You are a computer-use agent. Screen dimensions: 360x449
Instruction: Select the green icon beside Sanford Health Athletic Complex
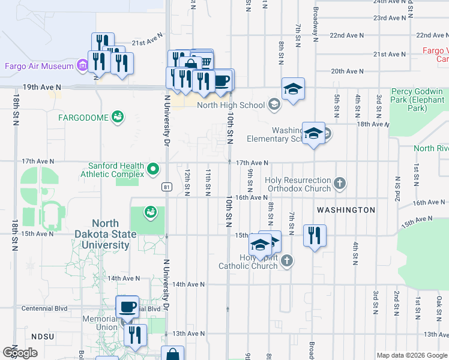click(x=153, y=170)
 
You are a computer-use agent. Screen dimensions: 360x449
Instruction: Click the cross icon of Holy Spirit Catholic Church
click(x=287, y=260)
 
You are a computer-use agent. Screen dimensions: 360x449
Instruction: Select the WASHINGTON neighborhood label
click(x=346, y=210)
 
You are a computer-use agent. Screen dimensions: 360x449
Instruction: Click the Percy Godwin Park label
click(x=417, y=100)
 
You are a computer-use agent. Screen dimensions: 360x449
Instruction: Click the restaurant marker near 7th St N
click(x=315, y=235)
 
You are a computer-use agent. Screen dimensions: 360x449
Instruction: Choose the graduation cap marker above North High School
click(x=293, y=89)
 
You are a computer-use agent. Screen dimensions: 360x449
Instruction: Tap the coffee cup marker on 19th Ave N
click(x=222, y=80)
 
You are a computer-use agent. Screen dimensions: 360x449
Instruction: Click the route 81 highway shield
click(x=165, y=187)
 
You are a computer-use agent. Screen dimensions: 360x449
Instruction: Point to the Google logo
click(x=20, y=353)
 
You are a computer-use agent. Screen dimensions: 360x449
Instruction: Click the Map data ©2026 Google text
click(x=411, y=355)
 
